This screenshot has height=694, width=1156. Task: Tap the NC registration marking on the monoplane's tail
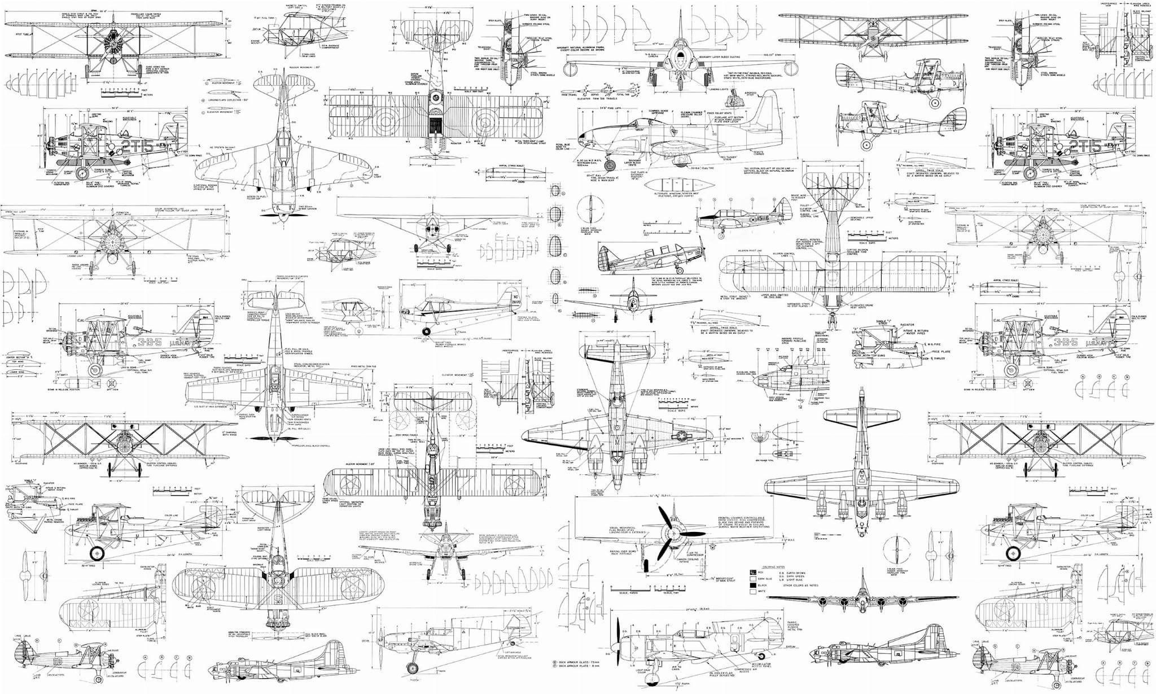tap(515, 298)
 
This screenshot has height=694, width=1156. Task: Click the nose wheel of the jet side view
tap(610, 165)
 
